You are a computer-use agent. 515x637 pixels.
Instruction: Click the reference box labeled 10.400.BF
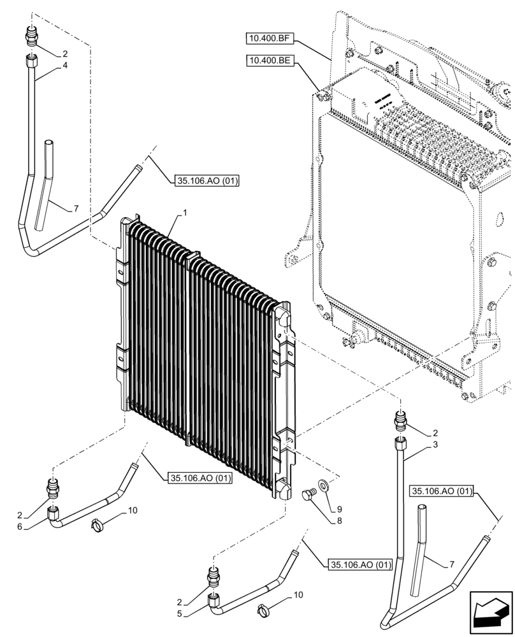tap(268, 39)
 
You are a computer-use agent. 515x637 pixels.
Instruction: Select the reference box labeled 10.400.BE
tap(268, 61)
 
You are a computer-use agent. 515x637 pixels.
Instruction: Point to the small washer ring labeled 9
tap(324, 486)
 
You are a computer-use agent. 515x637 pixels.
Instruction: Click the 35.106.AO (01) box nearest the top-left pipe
tap(205, 182)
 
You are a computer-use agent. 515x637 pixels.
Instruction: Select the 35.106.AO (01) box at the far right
tap(442, 491)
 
